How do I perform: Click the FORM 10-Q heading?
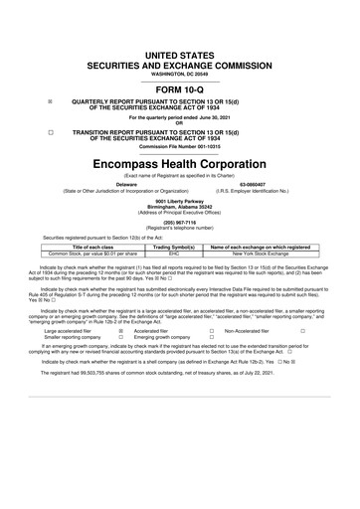[179, 86]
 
